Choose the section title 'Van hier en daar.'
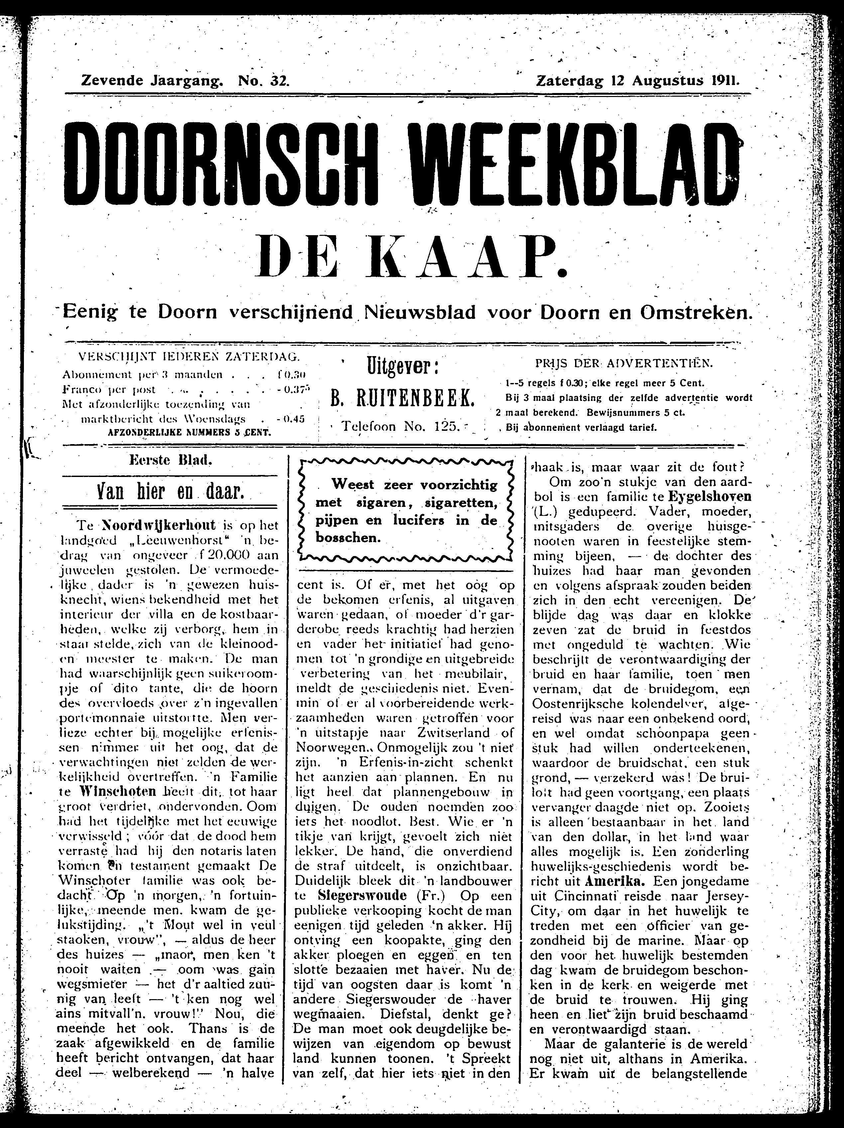171,492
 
